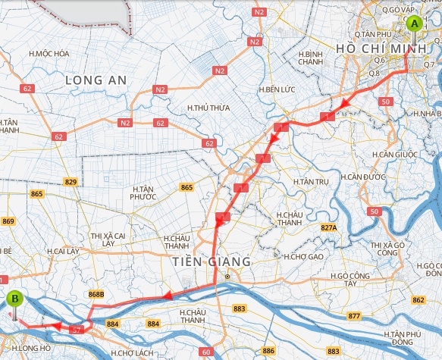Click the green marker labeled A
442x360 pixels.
(414, 23)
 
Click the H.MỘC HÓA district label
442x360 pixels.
(49, 54)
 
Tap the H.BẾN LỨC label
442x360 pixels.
(276, 89)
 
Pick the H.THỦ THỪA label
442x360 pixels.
(208, 108)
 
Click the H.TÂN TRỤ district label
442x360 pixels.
(312, 183)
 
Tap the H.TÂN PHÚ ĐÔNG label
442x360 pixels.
(402, 338)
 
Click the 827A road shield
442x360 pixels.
(328, 227)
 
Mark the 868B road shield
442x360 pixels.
(96, 293)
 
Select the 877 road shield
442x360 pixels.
(355, 315)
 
